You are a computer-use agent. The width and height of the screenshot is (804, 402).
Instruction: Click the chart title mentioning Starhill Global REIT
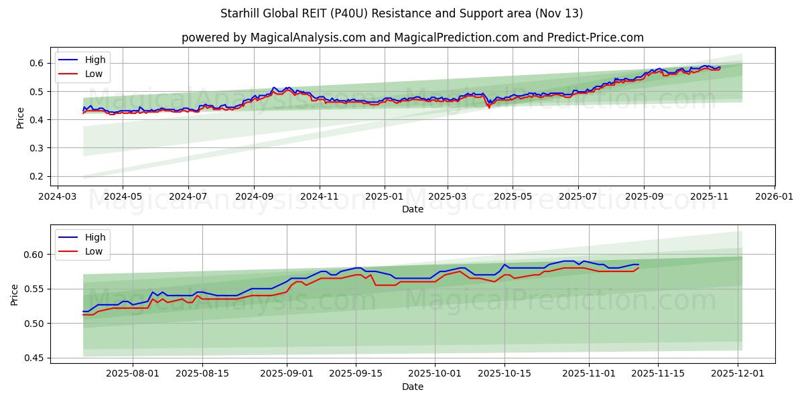pyautogui.click(x=401, y=13)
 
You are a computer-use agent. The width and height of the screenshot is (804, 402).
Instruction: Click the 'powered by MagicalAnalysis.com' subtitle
pyautogui.click(x=412, y=38)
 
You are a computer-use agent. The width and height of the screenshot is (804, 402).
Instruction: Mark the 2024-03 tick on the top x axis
pyautogui.click(x=57, y=197)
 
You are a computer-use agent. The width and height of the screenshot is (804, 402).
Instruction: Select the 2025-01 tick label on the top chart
pyautogui.click(x=385, y=197)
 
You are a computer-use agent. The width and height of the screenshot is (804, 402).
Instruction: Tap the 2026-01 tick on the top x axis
pyautogui.click(x=774, y=197)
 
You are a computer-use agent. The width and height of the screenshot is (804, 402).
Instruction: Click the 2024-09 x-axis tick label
pyautogui.click(x=254, y=197)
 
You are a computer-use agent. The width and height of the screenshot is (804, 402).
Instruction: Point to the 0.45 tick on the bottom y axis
pyautogui.click(x=34, y=358)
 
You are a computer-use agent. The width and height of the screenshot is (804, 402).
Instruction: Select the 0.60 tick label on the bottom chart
pyautogui.click(x=34, y=255)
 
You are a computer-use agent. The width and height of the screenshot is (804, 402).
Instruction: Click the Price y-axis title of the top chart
pyautogui.click(x=20, y=117)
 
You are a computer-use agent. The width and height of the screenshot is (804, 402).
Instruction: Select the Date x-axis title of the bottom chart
pyautogui.click(x=412, y=387)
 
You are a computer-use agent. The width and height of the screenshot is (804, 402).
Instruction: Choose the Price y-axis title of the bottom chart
pyautogui.click(x=15, y=294)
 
